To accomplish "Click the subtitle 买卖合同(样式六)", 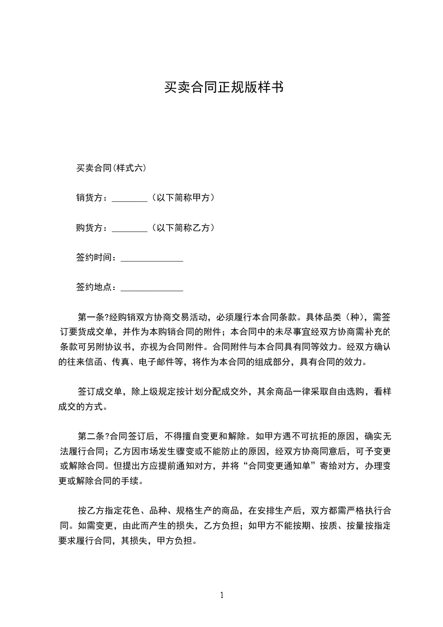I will (111, 168).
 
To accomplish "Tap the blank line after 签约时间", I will (151, 260).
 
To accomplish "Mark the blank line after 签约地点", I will (151, 290).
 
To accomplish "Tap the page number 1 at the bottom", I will (222, 596).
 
